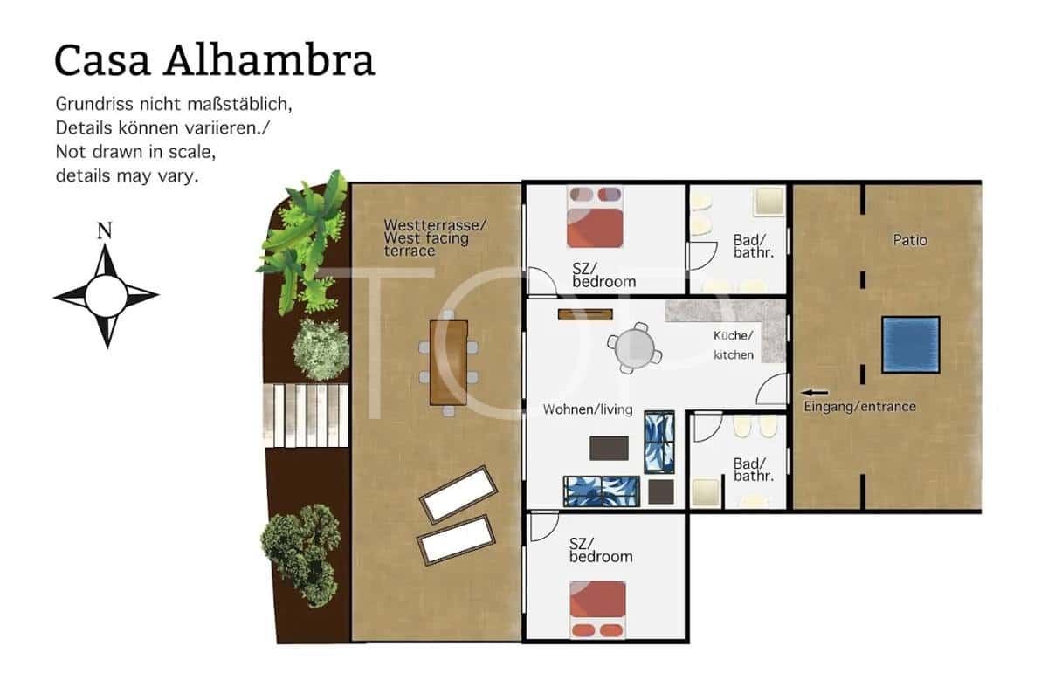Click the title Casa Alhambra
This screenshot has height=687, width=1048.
tap(214, 60)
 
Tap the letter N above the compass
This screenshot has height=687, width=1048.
tap(105, 231)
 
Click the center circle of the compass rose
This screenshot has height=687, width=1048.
tap(106, 296)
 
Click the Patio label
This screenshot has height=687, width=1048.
tap(910, 239)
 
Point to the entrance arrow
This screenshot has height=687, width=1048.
tap(814, 393)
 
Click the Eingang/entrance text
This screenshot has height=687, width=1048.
tap(859, 407)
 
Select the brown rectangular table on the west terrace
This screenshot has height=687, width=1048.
tap(448, 362)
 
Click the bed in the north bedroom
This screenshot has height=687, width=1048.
tap(596, 216)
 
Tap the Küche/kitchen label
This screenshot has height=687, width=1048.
tap(733, 346)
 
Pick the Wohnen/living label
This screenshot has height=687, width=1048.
tap(587, 409)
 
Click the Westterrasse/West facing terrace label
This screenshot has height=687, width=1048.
tap(434, 237)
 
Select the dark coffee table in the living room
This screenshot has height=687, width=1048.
tap(609, 448)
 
